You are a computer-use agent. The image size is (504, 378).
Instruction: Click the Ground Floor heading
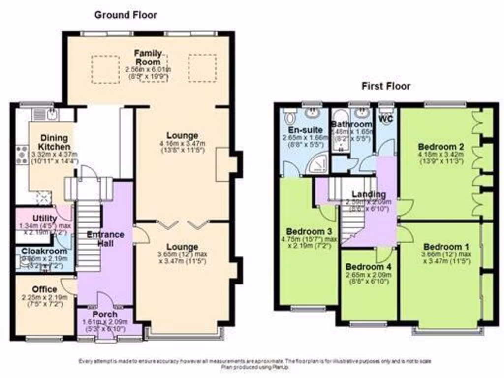click(x=126, y=15)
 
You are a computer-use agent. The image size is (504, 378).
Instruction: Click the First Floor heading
click(x=386, y=87)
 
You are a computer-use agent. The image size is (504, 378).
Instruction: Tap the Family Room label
click(x=147, y=57)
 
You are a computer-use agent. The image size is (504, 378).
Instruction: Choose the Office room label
click(x=45, y=289)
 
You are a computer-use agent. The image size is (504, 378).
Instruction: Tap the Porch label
click(x=105, y=314)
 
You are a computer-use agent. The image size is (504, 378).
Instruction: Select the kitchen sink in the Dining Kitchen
click(x=52, y=115)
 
